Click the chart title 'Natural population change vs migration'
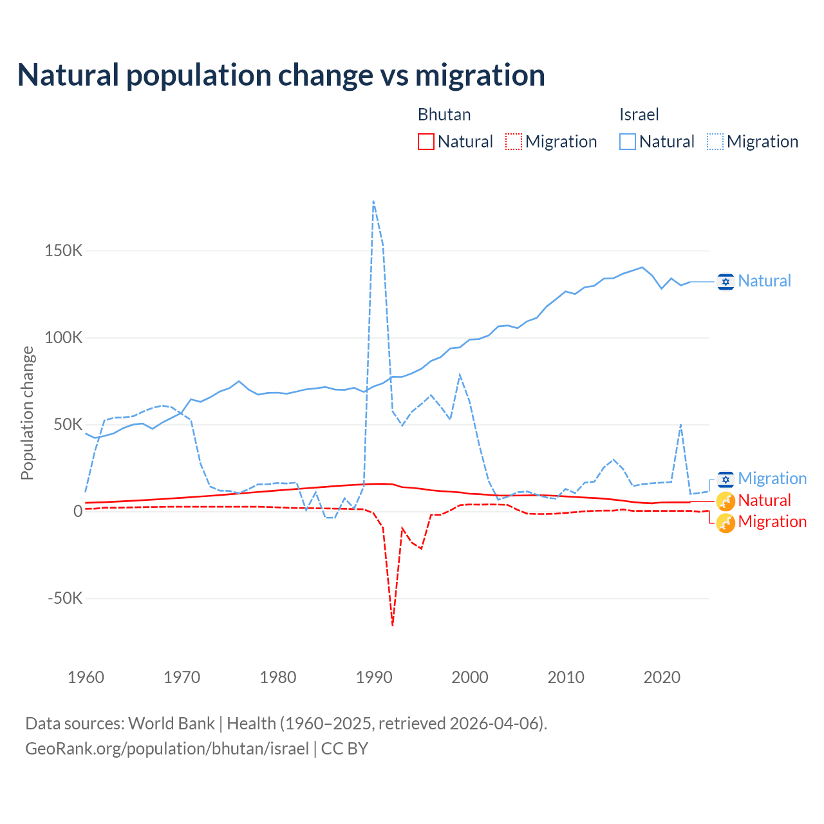click(x=281, y=75)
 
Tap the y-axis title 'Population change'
click(x=27, y=413)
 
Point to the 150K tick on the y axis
click(x=64, y=250)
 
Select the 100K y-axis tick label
click(x=64, y=337)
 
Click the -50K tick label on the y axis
click(x=66, y=598)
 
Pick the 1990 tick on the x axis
click(x=374, y=677)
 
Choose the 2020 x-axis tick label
click(x=662, y=677)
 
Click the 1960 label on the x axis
click(x=86, y=677)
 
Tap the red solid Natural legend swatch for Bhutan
click(x=426, y=142)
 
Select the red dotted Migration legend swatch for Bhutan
click(x=514, y=142)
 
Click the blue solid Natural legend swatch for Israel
click(x=628, y=142)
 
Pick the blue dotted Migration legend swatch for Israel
click(x=715, y=142)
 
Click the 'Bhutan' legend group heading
click(x=444, y=115)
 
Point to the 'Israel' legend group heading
click(x=639, y=115)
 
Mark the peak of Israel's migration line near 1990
click(x=373, y=201)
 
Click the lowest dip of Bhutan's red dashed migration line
click(x=393, y=624)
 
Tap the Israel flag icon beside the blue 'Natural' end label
click(x=726, y=281)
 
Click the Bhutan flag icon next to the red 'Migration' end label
click(x=726, y=523)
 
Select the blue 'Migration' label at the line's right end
click(x=772, y=478)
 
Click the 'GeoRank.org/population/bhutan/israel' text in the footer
click(x=167, y=749)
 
